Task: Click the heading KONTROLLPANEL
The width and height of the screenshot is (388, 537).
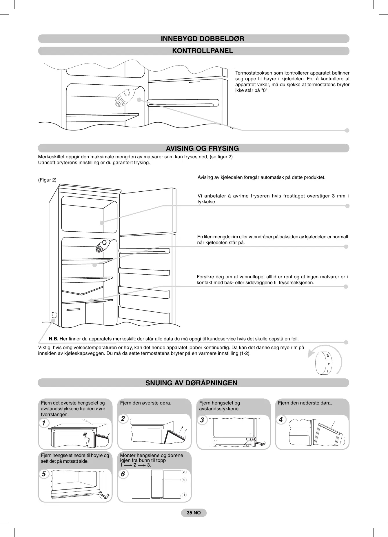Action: (x=202, y=51)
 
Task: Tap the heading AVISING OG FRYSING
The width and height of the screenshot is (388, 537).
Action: (x=202, y=148)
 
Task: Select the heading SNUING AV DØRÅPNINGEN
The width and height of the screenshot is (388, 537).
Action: (x=191, y=383)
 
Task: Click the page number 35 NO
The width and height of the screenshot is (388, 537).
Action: (x=194, y=513)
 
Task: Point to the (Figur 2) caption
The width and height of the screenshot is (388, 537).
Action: (x=47, y=180)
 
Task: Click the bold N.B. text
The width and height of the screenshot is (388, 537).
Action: (x=54, y=339)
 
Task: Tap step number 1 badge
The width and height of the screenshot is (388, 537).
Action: (x=44, y=423)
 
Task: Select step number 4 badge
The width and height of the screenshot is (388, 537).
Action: (x=280, y=420)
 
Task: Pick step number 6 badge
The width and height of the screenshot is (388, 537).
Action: (x=123, y=474)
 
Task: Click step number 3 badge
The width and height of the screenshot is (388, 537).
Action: (x=202, y=420)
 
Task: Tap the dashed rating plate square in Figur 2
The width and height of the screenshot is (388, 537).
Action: (x=54, y=315)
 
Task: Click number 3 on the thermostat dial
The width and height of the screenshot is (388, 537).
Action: (x=327, y=355)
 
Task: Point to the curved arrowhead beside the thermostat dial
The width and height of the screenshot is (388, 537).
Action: (x=311, y=354)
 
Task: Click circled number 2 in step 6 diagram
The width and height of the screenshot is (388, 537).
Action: (x=184, y=480)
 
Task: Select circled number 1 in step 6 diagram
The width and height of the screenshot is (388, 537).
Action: (x=184, y=495)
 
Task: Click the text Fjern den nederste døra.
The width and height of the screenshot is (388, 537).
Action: (x=305, y=403)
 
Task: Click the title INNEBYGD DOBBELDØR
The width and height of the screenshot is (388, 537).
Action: (x=202, y=39)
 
